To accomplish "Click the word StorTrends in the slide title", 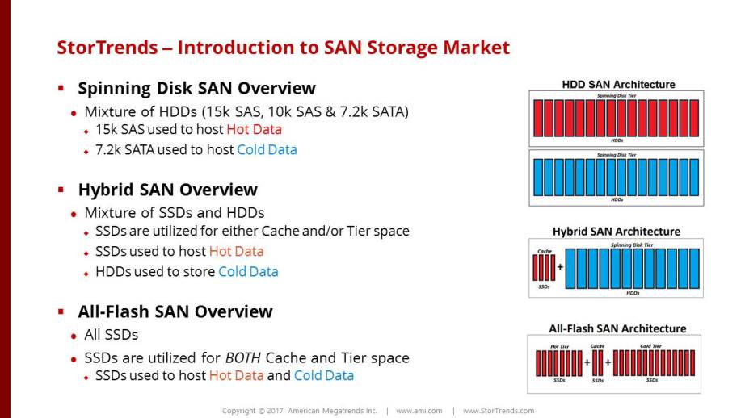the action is [107, 48].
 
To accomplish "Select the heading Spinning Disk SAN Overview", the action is [196, 88].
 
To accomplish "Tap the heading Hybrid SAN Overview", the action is [168, 190].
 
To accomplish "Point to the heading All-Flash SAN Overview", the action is [175, 311].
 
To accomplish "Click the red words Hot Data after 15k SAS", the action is [255, 130].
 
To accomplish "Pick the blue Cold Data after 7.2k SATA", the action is [267, 150].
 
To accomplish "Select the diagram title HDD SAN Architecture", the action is [618, 85].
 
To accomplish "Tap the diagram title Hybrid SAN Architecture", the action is [617, 232].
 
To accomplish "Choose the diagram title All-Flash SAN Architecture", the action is [617, 328].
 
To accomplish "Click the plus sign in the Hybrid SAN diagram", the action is [560, 267].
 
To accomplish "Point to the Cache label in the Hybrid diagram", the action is [545, 251].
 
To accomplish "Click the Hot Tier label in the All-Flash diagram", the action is [559, 346].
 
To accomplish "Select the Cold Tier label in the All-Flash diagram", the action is [650, 346].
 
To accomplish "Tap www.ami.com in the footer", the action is [419, 411].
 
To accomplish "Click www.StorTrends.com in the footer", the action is [499, 411].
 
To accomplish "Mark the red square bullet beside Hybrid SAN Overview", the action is [61, 190].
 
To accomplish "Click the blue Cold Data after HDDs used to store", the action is [249, 272].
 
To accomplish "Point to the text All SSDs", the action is [112, 335].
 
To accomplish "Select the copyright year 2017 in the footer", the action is [275, 411].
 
